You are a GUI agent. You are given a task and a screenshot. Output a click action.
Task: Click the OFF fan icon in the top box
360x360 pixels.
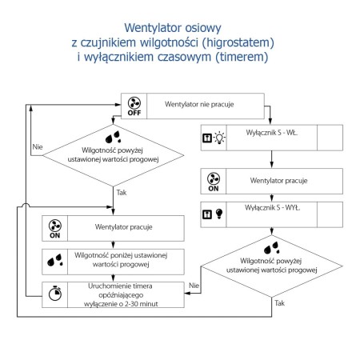tap(134, 105)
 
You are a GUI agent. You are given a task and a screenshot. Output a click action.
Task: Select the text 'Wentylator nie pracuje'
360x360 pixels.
tap(198, 105)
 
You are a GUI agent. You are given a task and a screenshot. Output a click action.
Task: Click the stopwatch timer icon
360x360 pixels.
tap(56, 294)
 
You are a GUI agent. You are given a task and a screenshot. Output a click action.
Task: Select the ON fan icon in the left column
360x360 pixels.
tap(56, 228)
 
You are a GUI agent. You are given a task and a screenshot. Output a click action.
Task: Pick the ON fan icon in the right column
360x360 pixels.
tap(213, 180)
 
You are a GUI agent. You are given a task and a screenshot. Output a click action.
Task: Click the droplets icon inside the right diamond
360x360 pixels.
tap(272, 246)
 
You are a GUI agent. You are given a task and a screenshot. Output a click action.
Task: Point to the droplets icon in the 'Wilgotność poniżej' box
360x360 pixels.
tap(56, 260)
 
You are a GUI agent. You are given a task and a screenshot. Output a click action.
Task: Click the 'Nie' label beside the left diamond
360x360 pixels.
tap(37, 148)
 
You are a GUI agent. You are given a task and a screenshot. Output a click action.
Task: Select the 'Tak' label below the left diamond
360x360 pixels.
tap(122, 193)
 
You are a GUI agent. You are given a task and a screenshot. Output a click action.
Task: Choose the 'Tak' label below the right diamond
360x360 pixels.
tap(279, 303)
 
